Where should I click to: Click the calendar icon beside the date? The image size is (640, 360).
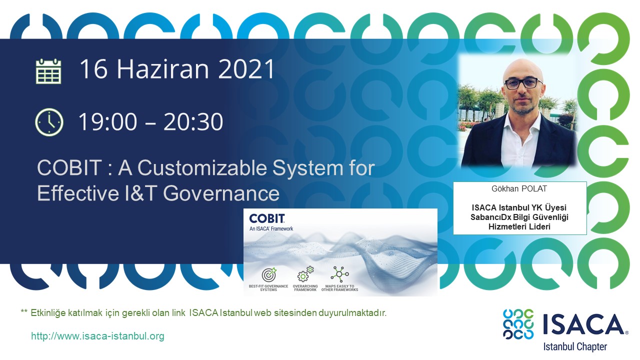point(48,71)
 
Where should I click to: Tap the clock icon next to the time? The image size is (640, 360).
point(49,122)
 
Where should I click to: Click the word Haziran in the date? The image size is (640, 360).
point(163,69)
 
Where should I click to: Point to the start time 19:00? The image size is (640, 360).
point(107,121)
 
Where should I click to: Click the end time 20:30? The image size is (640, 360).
point(193,121)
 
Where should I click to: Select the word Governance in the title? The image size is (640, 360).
point(221,193)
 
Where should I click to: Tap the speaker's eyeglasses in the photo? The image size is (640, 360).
point(523,83)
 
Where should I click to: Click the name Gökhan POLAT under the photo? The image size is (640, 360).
point(519,189)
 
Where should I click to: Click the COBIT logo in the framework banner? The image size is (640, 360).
point(267,219)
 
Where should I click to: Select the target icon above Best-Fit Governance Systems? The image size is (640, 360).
point(269,274)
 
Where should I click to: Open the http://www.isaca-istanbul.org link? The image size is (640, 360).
point(97,336)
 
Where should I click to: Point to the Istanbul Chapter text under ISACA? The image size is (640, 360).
point(575,347)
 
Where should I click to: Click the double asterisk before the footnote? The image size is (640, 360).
point(24,311)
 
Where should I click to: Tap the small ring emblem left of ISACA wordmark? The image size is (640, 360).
point(518,324)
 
